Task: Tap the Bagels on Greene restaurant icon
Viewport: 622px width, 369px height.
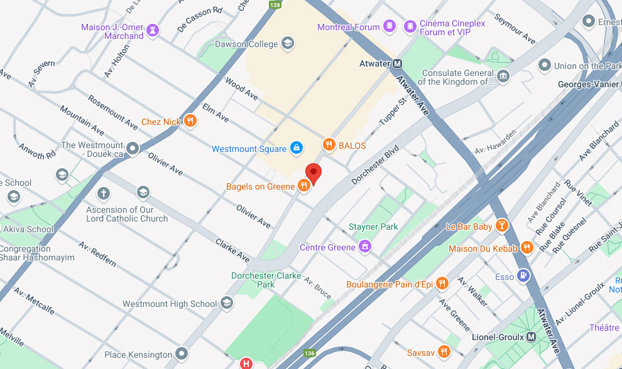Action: (304, 186)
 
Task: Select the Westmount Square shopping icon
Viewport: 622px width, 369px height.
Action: (296, 149)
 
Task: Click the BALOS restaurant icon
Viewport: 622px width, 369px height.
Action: (329, 145)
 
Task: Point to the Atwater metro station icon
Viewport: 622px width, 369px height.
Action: (398, 63)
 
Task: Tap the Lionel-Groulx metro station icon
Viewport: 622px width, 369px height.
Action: (532, 337)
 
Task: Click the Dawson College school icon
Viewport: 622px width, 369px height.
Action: (288, 43)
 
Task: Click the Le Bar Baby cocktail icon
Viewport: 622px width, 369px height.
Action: (502, 226)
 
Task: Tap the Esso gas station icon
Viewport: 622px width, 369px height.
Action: (523, 276)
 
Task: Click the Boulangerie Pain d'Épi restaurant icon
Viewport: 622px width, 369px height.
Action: (442, 284)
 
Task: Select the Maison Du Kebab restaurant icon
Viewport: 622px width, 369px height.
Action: (527, 248)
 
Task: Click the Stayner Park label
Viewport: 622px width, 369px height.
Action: (373, 227)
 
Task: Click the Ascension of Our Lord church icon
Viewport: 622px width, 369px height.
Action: (104, 193)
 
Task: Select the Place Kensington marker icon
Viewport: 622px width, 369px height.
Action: (182, 354)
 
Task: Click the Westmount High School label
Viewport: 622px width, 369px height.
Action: (170, 304)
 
